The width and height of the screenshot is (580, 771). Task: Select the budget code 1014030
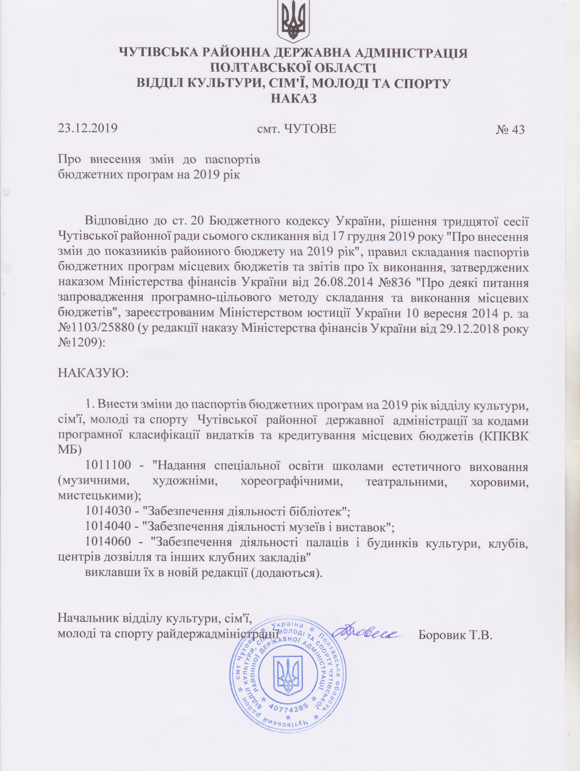pyautogui.click(x=108, y=512)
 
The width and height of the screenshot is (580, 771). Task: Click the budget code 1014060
pyautogui.click(x=108, y=542)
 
